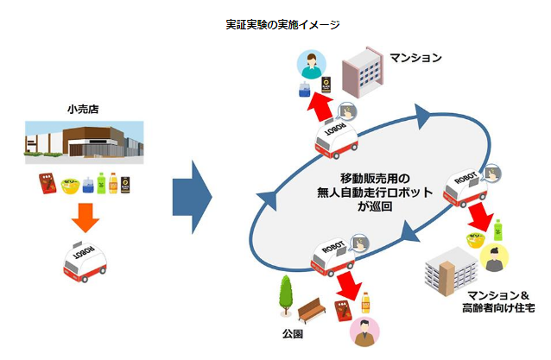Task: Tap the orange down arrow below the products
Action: [84, 218]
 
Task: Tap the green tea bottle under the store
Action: [102, 183]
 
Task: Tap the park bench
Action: [310, 310]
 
